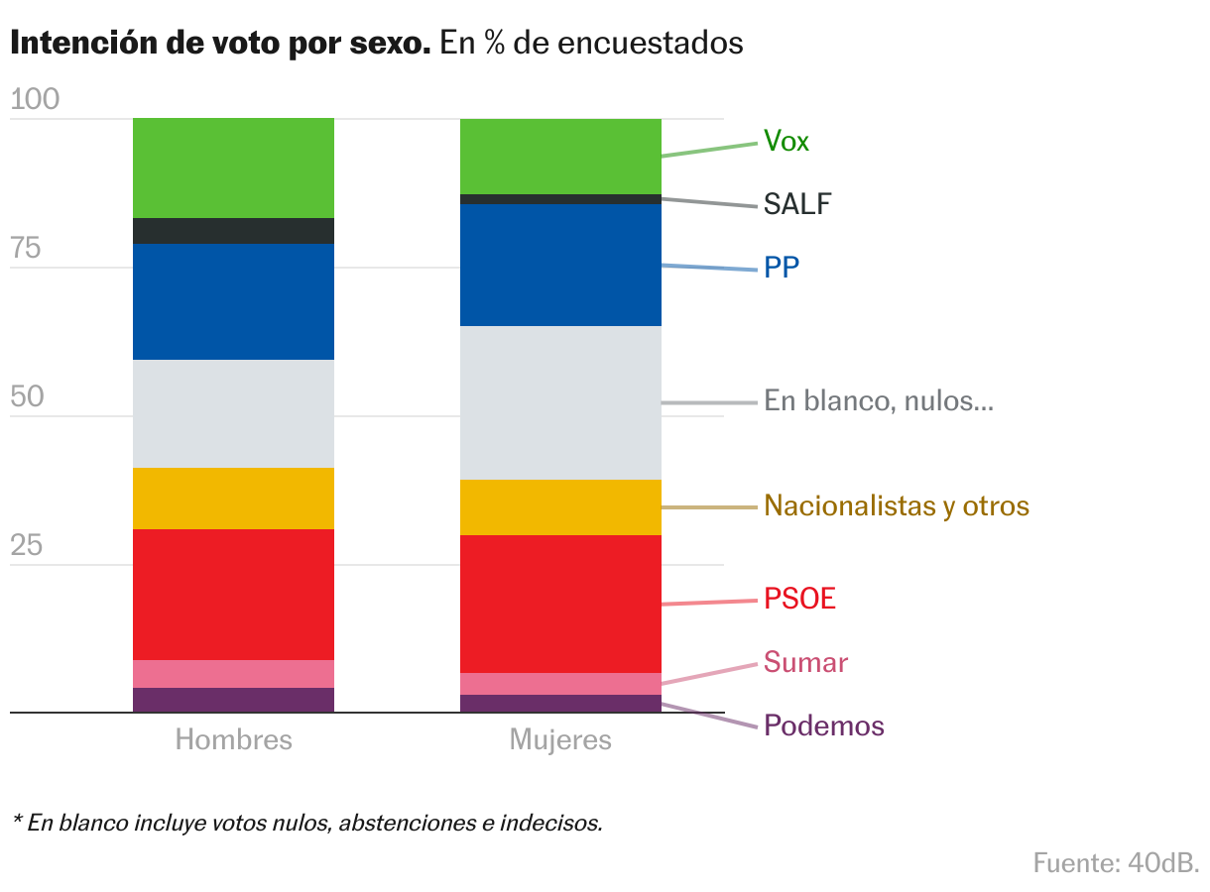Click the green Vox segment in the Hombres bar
coord(233,167)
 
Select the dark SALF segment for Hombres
coord(233,231)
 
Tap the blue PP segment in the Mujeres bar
coord(560,265)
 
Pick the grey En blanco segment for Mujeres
coord(560,402)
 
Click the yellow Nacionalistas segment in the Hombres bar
coord(233,499)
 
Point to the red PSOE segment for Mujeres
coord(560,604)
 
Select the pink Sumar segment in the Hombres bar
coord(233,674)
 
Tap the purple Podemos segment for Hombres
coord(233,700)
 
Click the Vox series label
coord(786,142)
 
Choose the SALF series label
coord(797,205)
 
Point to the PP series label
coord(782,268)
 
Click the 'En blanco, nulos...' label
coord(879,402)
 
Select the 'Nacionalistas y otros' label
coord(897,506)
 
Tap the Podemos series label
coord(824,726)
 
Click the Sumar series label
coord(806,662)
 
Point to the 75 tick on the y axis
coord(27,249)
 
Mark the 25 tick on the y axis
coord(27,546)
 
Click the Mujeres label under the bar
coord(560,740)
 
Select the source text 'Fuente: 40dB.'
coord(1116,862)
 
